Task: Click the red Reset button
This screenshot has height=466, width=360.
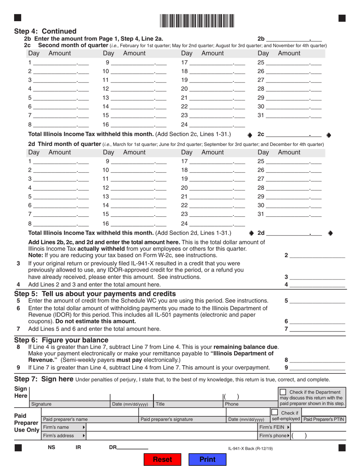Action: [162, 459]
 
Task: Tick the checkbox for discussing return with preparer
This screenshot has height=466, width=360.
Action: [283, 392]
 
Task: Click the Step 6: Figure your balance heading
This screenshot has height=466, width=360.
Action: [61, 339]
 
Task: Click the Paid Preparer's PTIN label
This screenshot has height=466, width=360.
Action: [323, 419]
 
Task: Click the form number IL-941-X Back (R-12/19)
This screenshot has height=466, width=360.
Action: [250, 449]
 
